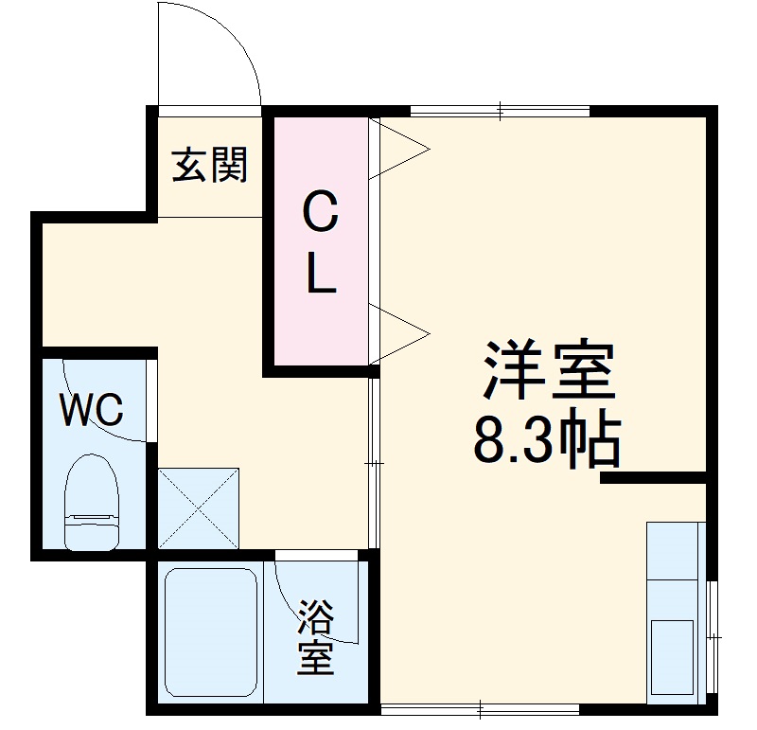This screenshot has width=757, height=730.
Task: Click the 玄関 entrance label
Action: coord(209,165)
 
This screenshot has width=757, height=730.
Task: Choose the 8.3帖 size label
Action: coord(546,440)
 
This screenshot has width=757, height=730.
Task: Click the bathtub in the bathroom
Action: coord(211,632)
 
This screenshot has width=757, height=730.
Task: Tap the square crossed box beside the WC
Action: coord(198,507)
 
